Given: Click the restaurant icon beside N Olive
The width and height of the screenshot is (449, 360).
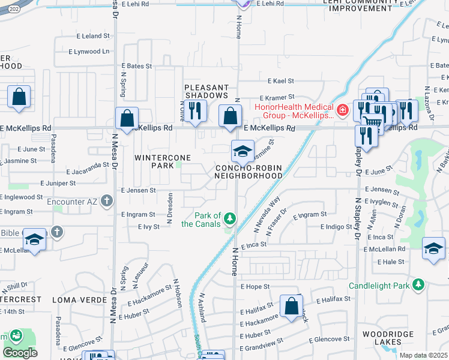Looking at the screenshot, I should [194, 112].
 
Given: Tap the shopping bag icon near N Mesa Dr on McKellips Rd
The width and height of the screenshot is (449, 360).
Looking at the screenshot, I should [127, 119].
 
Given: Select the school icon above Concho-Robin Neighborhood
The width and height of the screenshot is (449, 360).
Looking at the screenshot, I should [242, 152].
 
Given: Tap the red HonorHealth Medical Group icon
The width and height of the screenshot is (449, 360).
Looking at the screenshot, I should [342, 110].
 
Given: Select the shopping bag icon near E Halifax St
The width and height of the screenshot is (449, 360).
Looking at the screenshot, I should [291, 307].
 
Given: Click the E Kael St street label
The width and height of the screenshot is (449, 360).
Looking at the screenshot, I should [277, 81].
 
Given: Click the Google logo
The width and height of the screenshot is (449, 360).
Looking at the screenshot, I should [20, 353].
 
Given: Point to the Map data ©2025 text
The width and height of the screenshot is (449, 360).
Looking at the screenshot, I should [423, 355].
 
